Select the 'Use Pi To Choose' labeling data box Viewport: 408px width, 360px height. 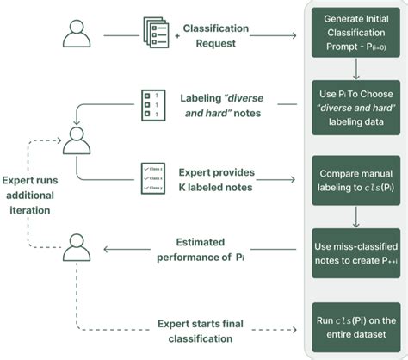355,107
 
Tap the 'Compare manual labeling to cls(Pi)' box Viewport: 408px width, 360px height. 355,179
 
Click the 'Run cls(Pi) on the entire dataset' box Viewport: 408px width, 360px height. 355,322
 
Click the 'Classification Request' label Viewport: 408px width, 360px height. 217,35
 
